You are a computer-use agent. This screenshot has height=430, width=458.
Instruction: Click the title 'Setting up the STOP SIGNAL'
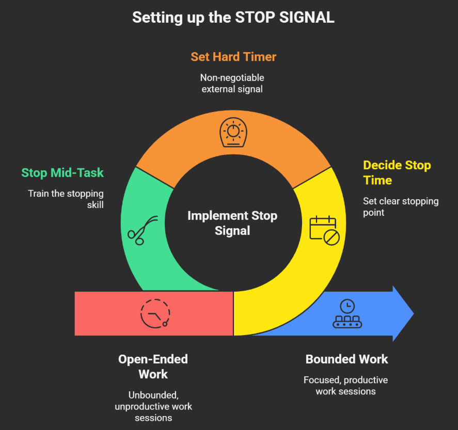point(233,17)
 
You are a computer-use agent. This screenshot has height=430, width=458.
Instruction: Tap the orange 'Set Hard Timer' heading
point(233,57)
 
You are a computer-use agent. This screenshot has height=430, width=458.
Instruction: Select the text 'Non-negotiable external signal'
point(232,83)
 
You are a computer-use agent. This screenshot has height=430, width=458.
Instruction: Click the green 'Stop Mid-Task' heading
point(62,172)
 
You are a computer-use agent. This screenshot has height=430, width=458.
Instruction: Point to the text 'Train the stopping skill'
point(66,199)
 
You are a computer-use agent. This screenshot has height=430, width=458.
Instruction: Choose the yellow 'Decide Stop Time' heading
point(397,173)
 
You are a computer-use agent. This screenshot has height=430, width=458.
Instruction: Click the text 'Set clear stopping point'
point(400,206)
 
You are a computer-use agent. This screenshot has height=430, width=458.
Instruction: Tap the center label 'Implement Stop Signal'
point(232,223)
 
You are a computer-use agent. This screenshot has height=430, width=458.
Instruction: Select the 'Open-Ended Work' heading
point(153,366)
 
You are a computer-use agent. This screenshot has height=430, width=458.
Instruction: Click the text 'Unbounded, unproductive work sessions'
point(153,406)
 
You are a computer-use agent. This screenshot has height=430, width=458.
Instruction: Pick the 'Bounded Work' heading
point(346,359)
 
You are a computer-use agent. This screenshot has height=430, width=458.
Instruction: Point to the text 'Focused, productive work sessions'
point(345,386)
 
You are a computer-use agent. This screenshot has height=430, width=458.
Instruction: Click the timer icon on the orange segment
point(233,132)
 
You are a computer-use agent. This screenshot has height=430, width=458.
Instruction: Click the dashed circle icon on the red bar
point(155,313)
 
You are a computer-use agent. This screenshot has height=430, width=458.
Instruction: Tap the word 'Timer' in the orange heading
point(259,57)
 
